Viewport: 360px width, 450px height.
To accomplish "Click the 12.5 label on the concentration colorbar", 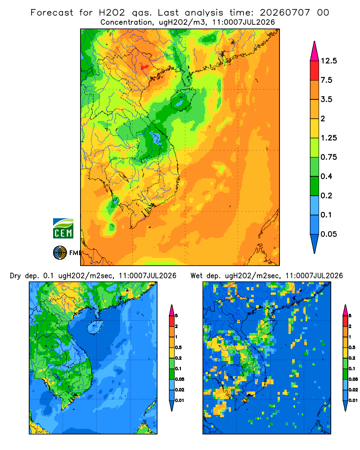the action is click(x=328, y=61).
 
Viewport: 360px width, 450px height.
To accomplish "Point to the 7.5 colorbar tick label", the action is click(x=326, y=80).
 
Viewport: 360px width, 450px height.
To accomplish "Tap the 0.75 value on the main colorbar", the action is click(x=328, y=157).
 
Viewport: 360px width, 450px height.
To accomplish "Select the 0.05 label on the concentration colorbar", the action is click(x=328, y=234).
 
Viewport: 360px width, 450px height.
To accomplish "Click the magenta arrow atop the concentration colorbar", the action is click(x=315, y=52).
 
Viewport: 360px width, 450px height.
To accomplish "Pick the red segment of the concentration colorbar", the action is click(x=315, y=71).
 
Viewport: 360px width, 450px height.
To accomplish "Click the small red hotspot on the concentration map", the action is click(x=144, y=67).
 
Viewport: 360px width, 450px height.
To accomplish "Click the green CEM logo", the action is click(x=63, y=229).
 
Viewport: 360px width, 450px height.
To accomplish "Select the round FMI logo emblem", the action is click(x=60, y=253).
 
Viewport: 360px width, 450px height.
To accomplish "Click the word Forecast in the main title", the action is click(x=52, y=13).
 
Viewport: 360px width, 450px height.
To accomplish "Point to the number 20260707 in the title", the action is click(x=285, y=13).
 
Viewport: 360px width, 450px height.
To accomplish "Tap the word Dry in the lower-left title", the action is click(x=15, y=276).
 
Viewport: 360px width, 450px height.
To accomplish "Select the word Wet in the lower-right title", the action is click(x=196, y=276).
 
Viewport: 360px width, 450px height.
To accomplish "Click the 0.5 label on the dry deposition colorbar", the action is click(x=178, y=347).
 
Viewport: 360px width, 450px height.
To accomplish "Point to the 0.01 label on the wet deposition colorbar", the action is click(x=353, y=400).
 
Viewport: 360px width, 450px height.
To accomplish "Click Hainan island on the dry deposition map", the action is click(x=95, y=327).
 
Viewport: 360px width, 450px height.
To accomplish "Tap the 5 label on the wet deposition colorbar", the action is click(x=350, y=316).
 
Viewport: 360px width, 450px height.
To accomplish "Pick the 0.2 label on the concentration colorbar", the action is click(x=326, y=195).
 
